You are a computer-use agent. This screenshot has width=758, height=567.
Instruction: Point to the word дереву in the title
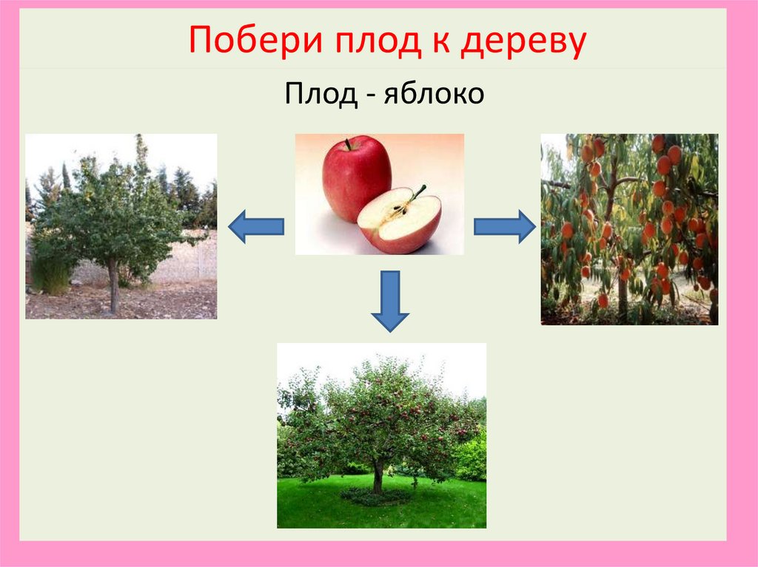pyautogui.click(x=523, y=43)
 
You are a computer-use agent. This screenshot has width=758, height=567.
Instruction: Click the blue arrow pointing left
pyautogui.click(x=255, y=225)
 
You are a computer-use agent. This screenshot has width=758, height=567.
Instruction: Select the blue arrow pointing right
pyautogui.click(x=504, y=225)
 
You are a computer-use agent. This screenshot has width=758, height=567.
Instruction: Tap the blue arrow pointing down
pyautogui.click(x=389, y=300)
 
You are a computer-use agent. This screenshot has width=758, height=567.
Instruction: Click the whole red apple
pyautogui.click(x=355, y=179)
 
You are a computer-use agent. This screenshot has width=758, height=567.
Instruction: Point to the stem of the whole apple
pyautogui.click(x=347, y=144)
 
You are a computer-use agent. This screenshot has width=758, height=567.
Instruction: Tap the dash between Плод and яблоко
pyautogui.click(x=368, y=97)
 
